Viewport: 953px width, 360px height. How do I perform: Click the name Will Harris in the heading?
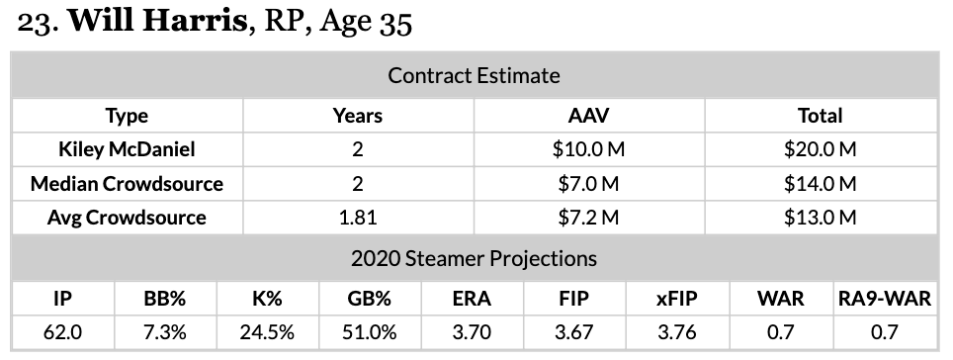157,22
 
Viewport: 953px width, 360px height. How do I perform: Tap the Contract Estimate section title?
475,75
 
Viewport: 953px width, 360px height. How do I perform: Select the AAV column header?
588,116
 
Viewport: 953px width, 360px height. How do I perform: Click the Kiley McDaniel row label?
127,149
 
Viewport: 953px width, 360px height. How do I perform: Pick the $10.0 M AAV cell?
588,149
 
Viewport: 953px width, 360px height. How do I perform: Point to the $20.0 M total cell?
820,149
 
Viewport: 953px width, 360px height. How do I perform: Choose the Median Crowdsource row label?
127,184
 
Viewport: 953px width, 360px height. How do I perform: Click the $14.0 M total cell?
820,184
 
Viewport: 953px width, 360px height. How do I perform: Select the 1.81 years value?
358,218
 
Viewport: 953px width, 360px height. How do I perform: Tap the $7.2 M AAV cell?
588,218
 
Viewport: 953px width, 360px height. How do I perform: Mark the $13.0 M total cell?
820,218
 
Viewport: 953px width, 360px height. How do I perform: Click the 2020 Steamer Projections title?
475,258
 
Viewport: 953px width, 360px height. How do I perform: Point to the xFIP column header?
677,299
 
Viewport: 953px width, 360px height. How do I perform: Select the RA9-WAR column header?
885,299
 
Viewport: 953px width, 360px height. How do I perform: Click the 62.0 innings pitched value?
62,332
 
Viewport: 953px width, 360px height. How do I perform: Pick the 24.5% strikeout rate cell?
267,332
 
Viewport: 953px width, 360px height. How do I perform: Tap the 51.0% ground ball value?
370,332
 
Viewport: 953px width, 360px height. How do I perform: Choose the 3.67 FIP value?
573,332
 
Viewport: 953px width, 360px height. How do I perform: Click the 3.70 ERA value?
472,332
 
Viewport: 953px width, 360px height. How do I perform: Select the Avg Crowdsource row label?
127,218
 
